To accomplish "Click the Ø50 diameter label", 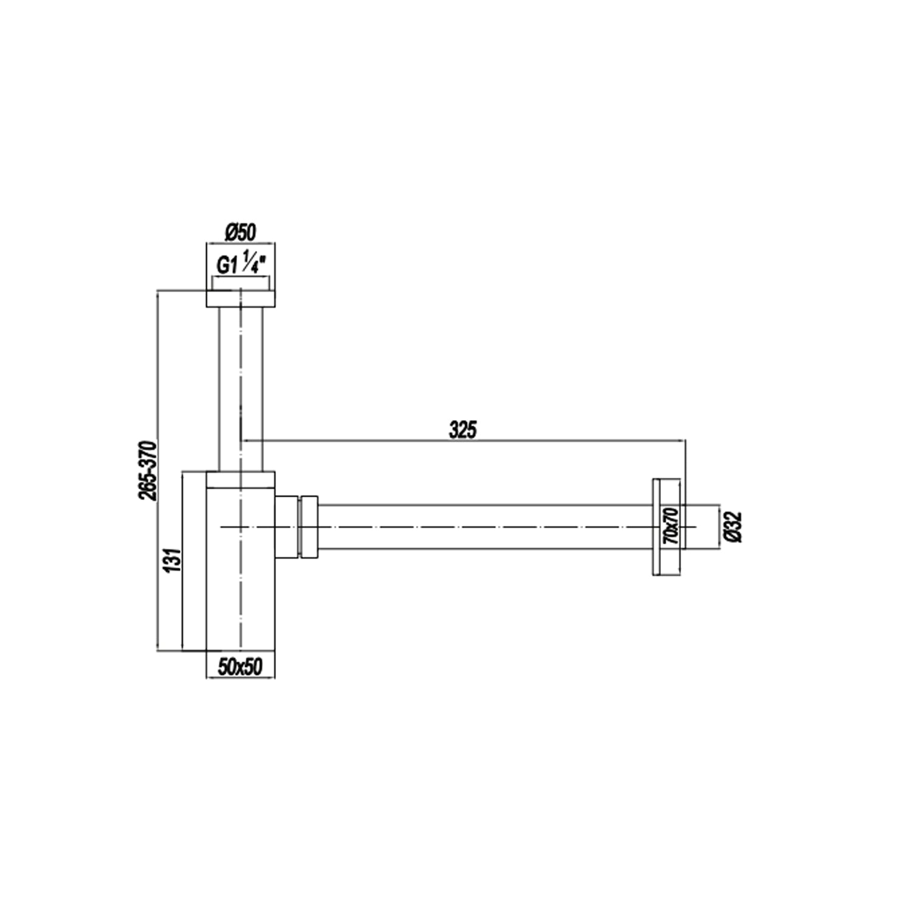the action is (241, 232).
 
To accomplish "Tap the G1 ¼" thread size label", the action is (241, 262).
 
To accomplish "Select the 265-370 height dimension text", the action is (148, 471).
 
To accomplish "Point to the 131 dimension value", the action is (173, 561).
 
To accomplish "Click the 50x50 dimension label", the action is (240, 666).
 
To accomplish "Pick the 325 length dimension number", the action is (463, 430).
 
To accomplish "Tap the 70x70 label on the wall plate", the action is (671, 527).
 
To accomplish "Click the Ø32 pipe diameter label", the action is (734, 527).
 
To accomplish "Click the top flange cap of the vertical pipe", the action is (241, 298).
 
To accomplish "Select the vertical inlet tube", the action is (241, 389).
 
